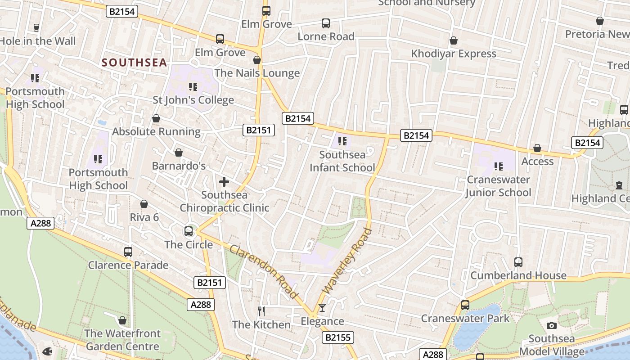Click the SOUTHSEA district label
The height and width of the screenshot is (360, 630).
coord(134,63)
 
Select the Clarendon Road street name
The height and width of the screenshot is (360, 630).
coord(264,272)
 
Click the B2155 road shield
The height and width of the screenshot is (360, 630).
coord(337,337)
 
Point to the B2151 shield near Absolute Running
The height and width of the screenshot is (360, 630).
coord(258,130)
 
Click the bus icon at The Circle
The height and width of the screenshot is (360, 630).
coord(189,231)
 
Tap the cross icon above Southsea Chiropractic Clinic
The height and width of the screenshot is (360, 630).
coord(224,182)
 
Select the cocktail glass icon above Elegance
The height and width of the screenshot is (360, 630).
coord(322,308)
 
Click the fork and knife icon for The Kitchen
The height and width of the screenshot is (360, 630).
coord(261,311)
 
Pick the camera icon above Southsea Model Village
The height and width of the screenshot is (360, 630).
coord(552,325)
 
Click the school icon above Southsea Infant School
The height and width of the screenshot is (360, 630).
coord(342,141)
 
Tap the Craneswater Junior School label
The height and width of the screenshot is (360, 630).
coord(498,186)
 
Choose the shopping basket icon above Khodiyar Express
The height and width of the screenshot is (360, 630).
coord(454,40)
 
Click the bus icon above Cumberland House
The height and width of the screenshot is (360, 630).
coord(518,262)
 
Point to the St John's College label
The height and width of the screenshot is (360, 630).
coord(193,100)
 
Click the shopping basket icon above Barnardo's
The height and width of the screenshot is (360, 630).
coord(179,153)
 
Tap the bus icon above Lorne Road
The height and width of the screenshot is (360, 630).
coord(326,23)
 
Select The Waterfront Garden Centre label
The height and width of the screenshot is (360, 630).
coord(122,340)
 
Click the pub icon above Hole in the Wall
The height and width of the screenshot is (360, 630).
coord(36,27)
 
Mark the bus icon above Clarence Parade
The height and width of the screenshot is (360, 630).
coord(128,252)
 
